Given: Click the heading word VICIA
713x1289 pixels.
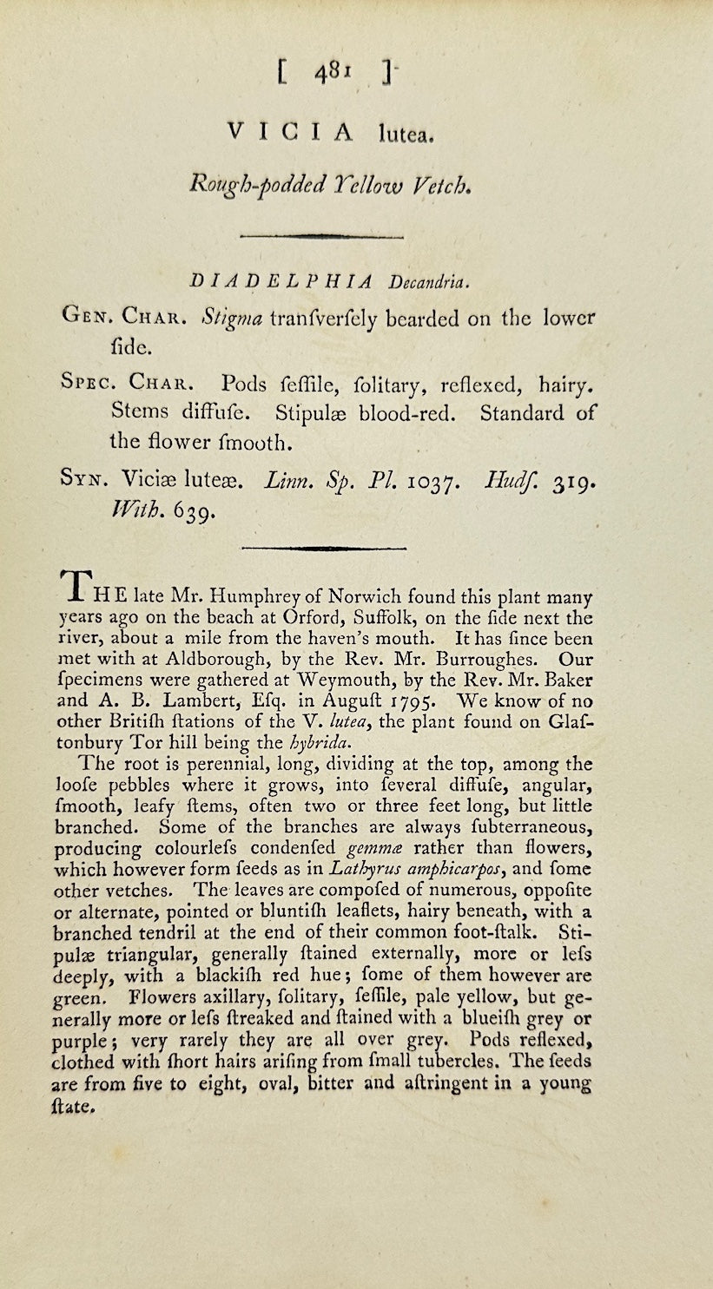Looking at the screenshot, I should pos(291,132).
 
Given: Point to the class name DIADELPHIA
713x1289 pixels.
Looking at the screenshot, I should pos(280,281).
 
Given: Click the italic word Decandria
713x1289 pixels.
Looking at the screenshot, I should pos(432,281).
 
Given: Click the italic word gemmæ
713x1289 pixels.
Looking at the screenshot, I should pos(375,848).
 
